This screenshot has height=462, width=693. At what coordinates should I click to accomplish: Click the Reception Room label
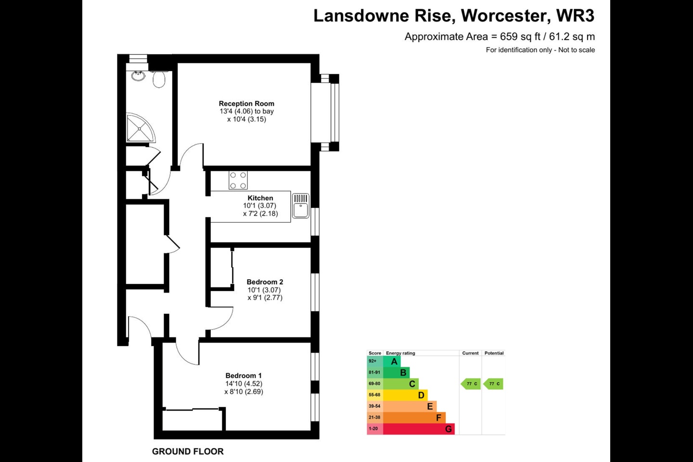coord(246,103)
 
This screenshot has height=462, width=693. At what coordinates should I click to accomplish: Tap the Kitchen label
coord(260,198)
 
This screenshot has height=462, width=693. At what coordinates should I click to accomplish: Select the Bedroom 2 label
coord(265,282)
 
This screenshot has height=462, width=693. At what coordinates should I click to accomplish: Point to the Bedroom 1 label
coord(244,376)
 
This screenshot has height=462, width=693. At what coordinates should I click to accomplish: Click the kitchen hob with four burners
coord(238,180)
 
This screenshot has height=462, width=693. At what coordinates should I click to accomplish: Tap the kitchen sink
coord(301,205)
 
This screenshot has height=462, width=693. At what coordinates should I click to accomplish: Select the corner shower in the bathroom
coord(140,128)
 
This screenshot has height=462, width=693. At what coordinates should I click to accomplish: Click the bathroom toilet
coord(159,79)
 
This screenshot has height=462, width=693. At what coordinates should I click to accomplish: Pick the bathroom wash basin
coord(139,76)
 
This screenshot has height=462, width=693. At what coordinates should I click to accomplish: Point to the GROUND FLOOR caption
coord(188,451)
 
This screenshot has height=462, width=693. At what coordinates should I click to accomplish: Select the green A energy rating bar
coord(392,361)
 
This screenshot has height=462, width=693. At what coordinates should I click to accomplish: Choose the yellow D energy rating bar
coord(405,395)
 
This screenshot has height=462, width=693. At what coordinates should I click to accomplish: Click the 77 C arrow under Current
coord(471,384)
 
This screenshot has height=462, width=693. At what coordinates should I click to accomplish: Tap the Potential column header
coord(494,353)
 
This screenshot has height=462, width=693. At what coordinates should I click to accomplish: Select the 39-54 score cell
coord(374,406)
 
